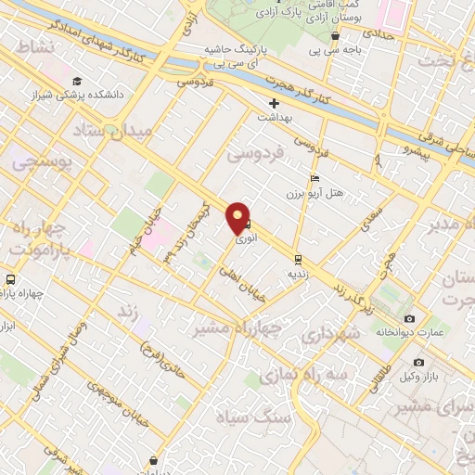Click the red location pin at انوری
click(x=238, y=217)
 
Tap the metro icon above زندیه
click(x=298, y=259)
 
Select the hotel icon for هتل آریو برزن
click(x=315, y=178)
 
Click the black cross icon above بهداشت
click(x=274, y=103)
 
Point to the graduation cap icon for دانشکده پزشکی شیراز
click(x=76, y=82)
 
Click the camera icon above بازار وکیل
click(x=418, y=362)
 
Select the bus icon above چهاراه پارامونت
click(x=10, y=279)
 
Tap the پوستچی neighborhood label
click(x=36, y=160)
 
